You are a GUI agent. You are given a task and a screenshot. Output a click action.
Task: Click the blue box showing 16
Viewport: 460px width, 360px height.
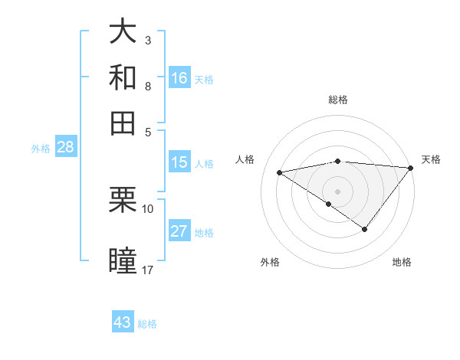pos(179,77)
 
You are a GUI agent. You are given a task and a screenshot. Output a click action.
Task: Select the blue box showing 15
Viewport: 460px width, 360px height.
pos(179,162)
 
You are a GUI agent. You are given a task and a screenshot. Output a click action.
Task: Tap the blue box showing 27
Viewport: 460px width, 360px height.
pos(179,231)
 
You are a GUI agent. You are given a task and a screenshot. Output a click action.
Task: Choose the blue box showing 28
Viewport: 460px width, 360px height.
pos(65,148)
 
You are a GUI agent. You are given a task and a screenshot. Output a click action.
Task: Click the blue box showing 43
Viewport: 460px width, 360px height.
pos(123,322)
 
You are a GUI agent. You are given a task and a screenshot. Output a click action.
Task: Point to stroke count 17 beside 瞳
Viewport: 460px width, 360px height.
pos(148,270)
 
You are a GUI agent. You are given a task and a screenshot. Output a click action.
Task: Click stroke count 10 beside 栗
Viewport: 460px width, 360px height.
pos(148,208)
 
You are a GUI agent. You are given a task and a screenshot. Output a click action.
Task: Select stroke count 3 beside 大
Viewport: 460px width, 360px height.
pos(147,40)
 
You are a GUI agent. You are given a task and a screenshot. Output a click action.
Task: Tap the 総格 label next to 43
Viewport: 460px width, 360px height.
pos(147,324)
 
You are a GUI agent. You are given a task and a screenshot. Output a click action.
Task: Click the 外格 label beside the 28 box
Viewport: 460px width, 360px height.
pos(41,149)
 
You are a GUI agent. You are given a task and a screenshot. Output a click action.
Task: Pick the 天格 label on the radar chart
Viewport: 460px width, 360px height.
pos(431,159)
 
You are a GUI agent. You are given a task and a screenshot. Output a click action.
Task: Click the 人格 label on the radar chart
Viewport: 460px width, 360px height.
pos(245,159)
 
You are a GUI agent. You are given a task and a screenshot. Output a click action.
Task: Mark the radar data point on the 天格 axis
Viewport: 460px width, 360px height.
pos(410,168)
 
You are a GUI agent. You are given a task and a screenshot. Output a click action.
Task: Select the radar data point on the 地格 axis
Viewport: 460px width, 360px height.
pos(365,229)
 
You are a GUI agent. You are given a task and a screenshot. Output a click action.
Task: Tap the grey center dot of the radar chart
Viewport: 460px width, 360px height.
pos(337,191)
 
